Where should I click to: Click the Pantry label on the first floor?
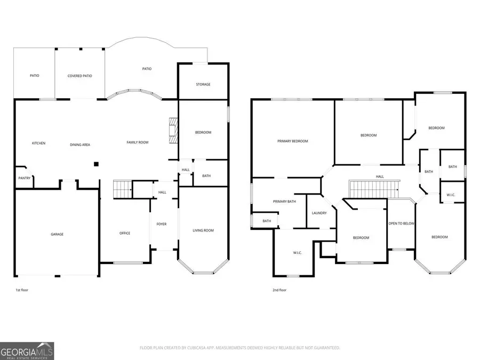coord(24,178)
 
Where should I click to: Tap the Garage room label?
coord(57,234)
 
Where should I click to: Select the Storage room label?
coord(203,84)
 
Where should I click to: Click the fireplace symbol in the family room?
coord(172,131)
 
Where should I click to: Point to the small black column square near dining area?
coord(96,164)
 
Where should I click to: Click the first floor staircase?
coord(123,189)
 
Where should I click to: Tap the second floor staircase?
coord(374,189)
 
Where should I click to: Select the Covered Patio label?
coord(79,76)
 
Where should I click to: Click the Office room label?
coord(125,233)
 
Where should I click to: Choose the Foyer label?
coord(161,224)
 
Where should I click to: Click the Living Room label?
coord(203,230)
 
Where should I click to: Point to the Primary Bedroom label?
coord(293,141)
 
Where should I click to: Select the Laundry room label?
coord(319,213)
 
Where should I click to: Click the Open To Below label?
coord(402,223)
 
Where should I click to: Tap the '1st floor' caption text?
coord(22,291)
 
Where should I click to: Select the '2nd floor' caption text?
coord(279,291)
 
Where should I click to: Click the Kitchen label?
coord(38,143)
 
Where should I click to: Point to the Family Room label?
coord(137,142)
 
